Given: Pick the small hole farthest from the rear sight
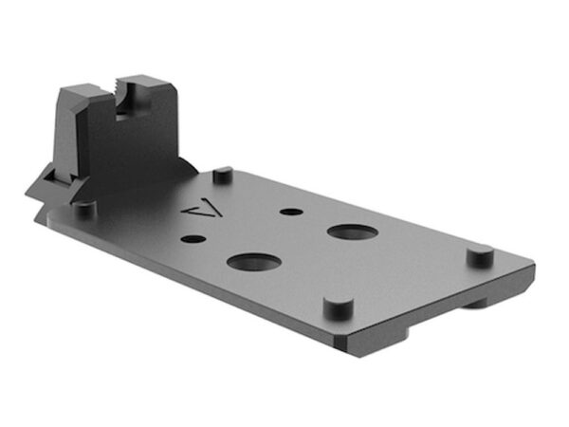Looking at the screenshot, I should (x=286, y=211).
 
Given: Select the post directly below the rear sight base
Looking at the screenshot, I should (x=84, y=206).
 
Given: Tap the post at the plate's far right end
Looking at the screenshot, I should (x=481, y=255).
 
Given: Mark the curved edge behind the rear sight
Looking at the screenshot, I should (x=190, y=166).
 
